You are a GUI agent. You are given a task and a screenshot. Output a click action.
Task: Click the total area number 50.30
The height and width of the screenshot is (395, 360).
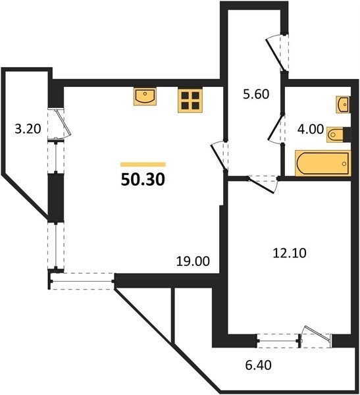click(143, 180)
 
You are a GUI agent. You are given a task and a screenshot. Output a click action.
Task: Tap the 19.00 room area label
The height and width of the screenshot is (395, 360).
click(193, 261)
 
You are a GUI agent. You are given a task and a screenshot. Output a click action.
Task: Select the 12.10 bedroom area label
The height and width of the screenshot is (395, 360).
click(290, 253)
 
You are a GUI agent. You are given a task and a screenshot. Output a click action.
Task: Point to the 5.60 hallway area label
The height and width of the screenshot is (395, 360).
click(256, 94)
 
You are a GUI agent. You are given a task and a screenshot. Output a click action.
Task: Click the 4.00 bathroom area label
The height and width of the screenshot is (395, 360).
click(311, 129)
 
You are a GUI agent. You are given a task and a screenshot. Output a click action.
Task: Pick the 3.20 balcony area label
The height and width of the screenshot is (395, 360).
click(28, 129)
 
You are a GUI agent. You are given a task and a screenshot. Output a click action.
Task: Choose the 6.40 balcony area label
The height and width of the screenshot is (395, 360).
click(259, 365)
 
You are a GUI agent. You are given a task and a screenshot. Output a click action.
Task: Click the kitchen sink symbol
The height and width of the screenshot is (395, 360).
click(145, 97)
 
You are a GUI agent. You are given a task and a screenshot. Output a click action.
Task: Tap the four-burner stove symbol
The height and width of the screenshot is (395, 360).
click(190, 100)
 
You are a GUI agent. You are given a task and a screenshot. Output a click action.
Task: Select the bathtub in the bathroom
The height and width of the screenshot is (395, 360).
click(322, 163)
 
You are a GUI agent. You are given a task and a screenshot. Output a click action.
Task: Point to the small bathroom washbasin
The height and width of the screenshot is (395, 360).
click(343, 104)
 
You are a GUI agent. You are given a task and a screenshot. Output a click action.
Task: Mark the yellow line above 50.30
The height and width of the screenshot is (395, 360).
click(143, 165)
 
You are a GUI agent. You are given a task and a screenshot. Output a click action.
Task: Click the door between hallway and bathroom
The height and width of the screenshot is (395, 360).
click(276, 128)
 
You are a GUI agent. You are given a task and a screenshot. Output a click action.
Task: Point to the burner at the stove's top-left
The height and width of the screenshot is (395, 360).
click(185, 95)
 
